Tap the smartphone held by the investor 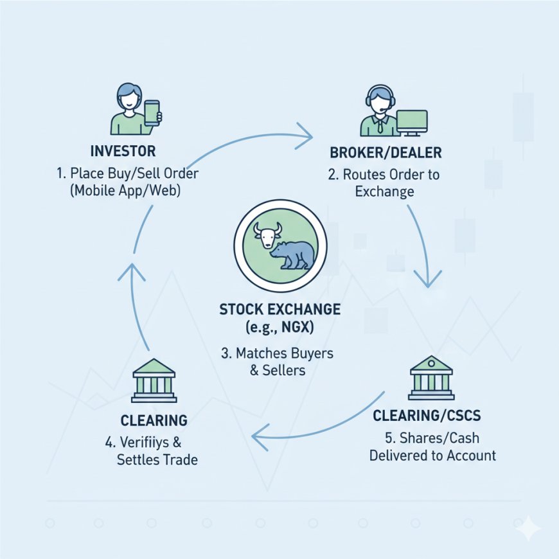152,113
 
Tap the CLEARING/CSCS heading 427,416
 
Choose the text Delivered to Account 432,455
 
